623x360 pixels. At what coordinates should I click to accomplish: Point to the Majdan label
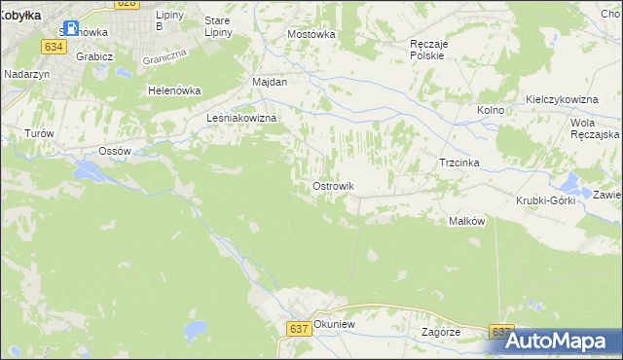coord(270,83)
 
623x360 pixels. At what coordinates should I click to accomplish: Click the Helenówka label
coord(173,90)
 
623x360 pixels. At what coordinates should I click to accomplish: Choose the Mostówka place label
coord(311,34)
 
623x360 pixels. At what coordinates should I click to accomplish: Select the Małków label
coord(466,221)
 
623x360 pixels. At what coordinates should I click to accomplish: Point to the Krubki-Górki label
coord(546,200)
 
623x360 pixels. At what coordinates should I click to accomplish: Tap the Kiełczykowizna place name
coord(561,100)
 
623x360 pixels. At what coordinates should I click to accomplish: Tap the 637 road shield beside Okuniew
coord(300,330)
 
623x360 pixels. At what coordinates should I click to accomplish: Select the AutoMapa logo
coord(559,341)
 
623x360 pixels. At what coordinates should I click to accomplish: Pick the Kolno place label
coord(491,111)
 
